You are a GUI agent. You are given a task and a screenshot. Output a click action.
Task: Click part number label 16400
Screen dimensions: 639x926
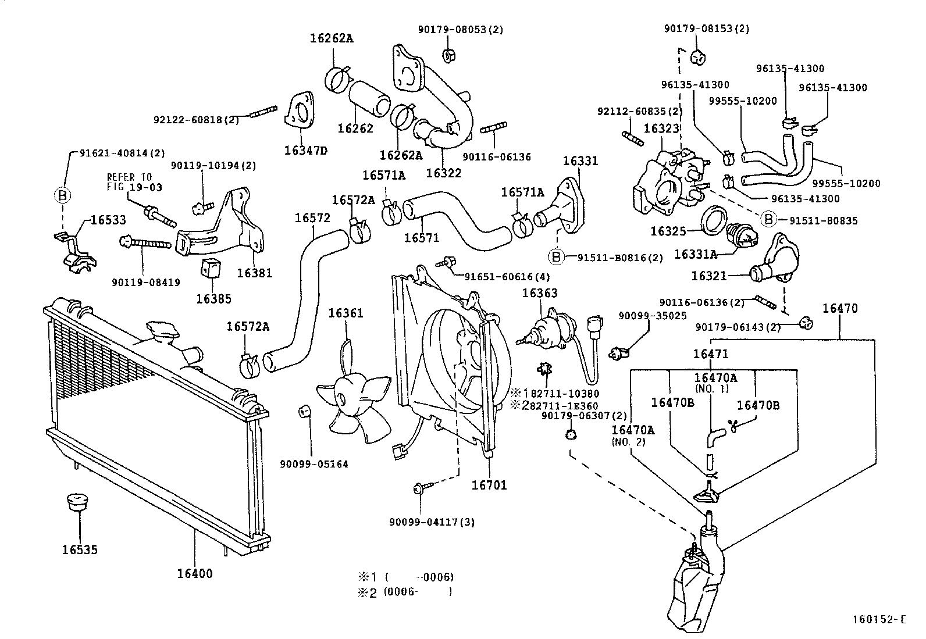(195, 574)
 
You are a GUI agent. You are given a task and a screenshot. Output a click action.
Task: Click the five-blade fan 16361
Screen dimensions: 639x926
(352, 398)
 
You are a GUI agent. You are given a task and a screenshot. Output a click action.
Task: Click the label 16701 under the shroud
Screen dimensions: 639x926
(489, 484)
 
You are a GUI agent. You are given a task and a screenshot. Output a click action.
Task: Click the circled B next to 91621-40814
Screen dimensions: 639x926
(62, 195)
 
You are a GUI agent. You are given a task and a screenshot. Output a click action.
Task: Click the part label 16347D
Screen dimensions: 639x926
(305, 151)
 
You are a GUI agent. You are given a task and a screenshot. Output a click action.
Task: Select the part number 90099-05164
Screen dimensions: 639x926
(314, 464)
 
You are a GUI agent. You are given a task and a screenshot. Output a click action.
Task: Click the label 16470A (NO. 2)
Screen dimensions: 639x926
(632, 435)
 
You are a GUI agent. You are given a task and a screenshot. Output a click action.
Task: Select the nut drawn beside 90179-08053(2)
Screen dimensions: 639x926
(448, 56)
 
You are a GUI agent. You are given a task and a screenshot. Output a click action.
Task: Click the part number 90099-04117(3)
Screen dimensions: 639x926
(432, 522)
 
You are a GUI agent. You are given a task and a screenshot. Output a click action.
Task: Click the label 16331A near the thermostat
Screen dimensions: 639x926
(695, 254)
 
